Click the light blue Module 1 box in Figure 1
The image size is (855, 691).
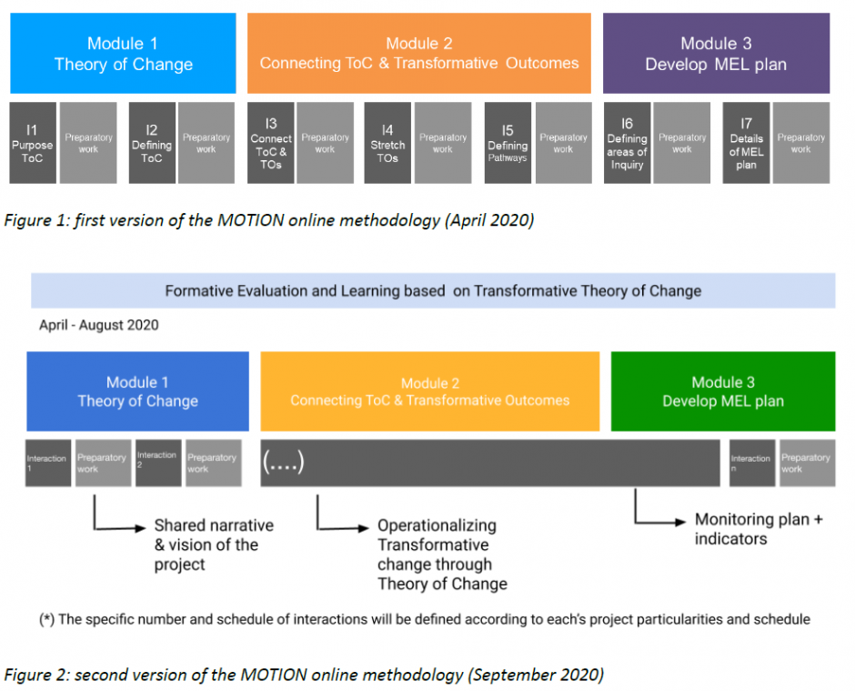pos(123,54)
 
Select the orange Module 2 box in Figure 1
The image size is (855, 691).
pos(419,54)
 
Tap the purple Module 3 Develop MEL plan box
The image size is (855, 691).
pos(716,54)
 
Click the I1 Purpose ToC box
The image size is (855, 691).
pos(33,143)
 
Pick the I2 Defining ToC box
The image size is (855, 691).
pos(152,143)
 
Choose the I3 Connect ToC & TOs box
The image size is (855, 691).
pos(271,144)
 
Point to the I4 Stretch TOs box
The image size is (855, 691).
pos(387,143)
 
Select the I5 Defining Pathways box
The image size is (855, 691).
pos(508,143)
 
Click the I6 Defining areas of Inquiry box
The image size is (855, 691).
pos(627,144)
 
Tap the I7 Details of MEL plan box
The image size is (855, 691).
pos(746,144)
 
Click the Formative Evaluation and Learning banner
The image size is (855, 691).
pos(433,291)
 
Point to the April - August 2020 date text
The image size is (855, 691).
pos(98,325)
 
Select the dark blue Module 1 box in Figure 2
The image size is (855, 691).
pos(137,391)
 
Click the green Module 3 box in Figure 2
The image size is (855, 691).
pos(722,391)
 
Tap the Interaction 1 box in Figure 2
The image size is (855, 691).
pos(47,462)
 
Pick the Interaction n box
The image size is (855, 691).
pos(750,462)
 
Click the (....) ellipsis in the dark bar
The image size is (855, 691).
pos(283,462)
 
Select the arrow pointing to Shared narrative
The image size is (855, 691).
pos(118,526)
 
